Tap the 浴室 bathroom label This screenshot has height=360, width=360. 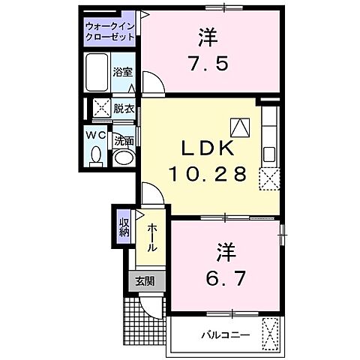122,72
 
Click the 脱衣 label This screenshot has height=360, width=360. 124,109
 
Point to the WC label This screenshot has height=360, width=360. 94,135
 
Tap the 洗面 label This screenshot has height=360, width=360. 124,140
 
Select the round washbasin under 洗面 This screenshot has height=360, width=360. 123,157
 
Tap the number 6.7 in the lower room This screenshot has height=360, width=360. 222,277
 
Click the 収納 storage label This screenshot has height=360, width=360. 124,224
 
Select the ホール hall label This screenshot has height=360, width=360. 151,238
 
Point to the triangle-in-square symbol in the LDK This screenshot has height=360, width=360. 239,127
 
